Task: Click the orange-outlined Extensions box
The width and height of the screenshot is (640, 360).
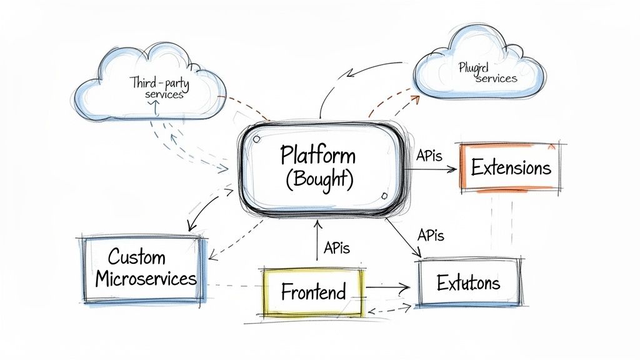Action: [511, 167]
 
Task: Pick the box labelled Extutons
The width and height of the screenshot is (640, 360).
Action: [469, 283]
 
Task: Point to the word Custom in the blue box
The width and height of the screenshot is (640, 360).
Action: [136, 257]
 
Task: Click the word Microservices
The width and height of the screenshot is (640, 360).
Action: [146, 279]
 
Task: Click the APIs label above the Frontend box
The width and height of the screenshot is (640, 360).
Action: [337, 247]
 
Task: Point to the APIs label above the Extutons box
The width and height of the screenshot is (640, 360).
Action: [430, 236]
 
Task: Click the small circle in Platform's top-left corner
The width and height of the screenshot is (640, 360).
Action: [256, 141]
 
